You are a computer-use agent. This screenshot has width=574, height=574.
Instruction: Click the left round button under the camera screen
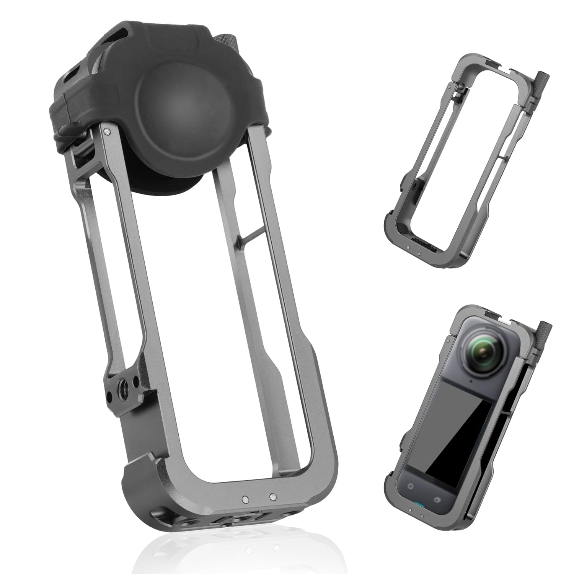[x=411, y=486]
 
